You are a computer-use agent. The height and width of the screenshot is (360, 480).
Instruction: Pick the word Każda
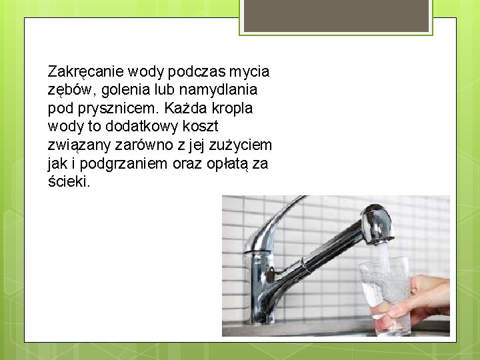click(183, 108)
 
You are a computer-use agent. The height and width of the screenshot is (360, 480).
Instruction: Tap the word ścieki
click(69, 181)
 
